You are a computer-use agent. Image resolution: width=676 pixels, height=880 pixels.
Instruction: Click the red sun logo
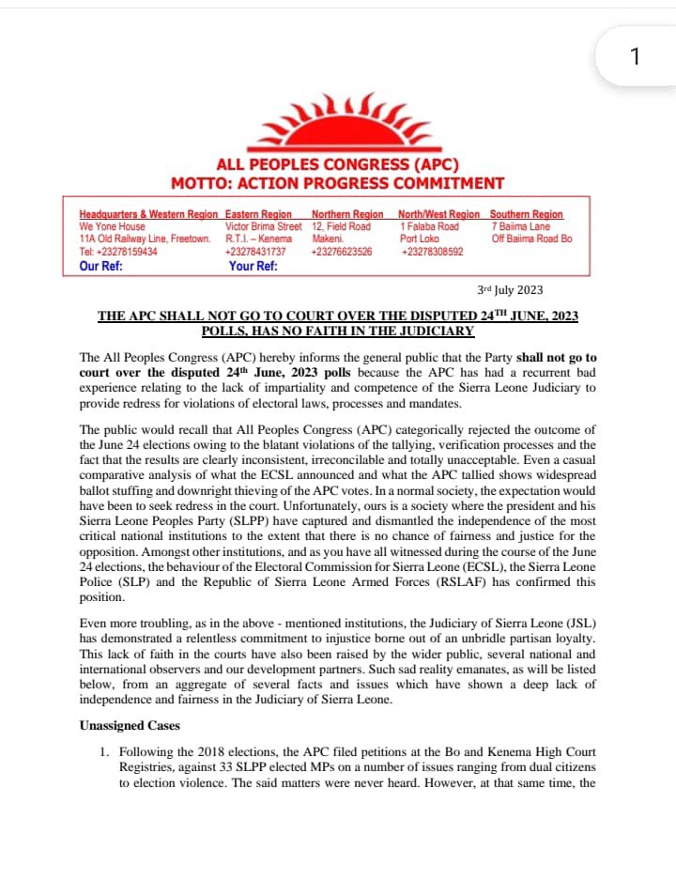click(337, 122)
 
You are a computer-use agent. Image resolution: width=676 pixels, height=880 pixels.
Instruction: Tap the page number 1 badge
click(635, 57)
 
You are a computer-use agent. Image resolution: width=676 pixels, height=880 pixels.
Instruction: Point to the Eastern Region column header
click(258, 215)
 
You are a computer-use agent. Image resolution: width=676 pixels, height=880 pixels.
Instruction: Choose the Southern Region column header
click(526, 215)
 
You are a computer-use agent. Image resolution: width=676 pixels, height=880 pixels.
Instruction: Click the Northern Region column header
click(347, 215)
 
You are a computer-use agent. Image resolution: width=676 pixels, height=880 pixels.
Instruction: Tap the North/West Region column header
click(438, 215)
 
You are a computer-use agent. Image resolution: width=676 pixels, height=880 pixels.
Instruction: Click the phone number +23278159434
click(118, 252)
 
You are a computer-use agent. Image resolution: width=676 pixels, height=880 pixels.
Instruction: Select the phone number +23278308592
click(430, 252)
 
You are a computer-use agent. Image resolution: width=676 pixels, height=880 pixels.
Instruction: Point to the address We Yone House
click(113, 226)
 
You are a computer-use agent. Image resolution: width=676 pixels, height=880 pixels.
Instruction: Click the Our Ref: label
click(101, 266)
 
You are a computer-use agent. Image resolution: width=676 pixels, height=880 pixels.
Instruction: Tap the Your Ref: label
click(253, 266)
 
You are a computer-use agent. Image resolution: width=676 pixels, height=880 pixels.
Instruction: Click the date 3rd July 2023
click(511, 290)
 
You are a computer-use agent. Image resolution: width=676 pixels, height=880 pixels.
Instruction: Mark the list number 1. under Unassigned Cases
click(105, 752)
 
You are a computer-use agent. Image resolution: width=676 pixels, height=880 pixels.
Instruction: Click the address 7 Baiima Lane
click(520, 226)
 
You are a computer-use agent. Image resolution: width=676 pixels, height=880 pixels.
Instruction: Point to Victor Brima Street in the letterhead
click(264, 226)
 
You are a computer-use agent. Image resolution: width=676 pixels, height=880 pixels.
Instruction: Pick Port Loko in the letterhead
click(420, 239)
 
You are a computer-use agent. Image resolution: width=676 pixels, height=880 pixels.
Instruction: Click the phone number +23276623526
click(342, 252)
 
